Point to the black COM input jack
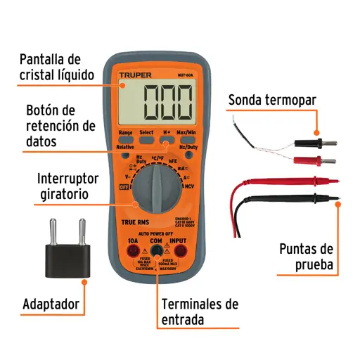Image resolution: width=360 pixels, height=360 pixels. click(157, 251)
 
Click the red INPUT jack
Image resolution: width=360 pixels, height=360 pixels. click(182, 251)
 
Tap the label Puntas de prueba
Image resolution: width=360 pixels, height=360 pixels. click(308, 257)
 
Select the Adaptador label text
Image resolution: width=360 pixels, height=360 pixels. click(50, 304)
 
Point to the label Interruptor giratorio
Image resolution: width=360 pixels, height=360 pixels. click(67, 185)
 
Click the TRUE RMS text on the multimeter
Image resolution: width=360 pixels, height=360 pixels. click(133, 224)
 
